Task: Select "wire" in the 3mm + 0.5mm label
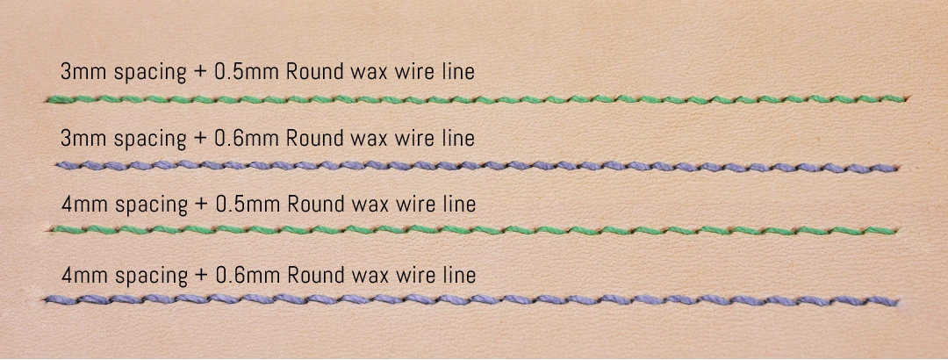pos(420,71)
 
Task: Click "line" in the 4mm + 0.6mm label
pos(460,275)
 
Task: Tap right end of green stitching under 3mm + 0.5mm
pos(910,98)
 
